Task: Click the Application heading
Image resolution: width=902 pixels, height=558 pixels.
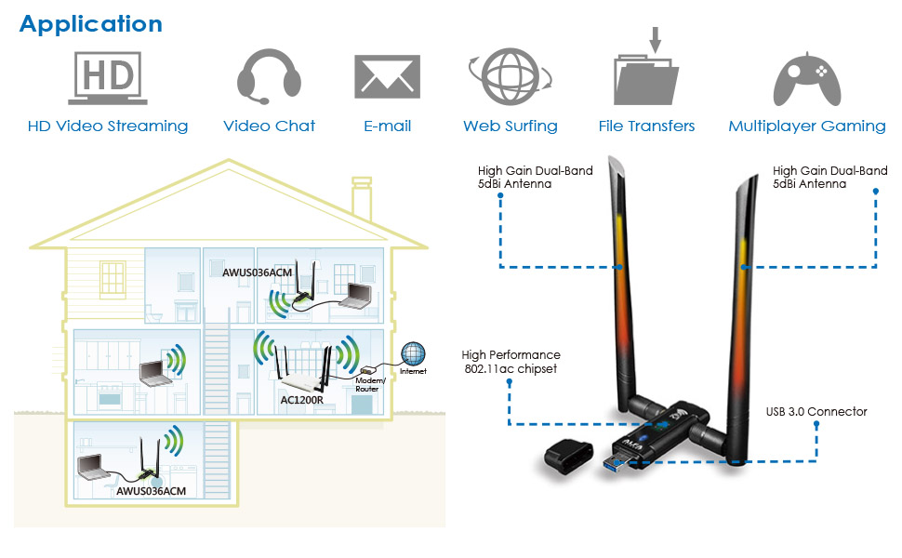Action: (x=90, y=24)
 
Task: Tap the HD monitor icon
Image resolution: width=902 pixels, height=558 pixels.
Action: (x=108, y=77)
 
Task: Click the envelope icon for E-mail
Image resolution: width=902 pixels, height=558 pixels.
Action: (x=387, y=77)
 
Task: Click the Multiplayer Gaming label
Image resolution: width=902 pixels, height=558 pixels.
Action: (x=806, y=126)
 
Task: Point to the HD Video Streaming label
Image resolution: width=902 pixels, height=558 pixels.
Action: (x=108, y=126)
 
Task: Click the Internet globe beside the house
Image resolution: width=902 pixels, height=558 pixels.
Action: (x=413, y=353)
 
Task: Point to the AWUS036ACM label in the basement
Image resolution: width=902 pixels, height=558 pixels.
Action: (x=152, y=490)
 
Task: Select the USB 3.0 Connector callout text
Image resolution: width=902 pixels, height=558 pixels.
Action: (x=816, y=411)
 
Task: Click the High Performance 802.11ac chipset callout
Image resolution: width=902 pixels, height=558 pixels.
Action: (x=511, y=362)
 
